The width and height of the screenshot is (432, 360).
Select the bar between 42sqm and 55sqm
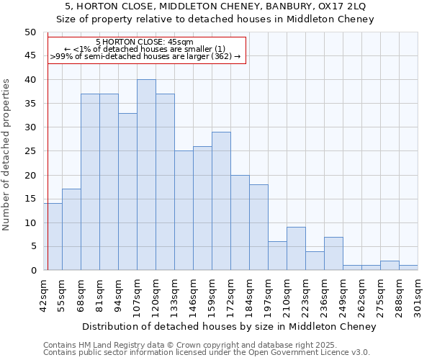click(53, 237)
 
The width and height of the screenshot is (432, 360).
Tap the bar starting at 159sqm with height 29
click(221, 201)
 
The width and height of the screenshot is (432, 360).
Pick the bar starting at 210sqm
click(296, 248)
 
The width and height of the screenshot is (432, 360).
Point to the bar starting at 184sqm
click(258, 228)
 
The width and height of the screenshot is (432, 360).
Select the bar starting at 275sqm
click(390, 266)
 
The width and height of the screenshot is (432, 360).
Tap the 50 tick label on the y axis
click(30, 32)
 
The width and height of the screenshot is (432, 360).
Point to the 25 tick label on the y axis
click(30, 151)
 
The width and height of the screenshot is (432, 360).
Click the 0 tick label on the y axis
click(33, 270)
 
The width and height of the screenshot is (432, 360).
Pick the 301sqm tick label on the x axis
click(418, 294)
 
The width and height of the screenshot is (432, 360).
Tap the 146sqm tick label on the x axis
click(193, 294)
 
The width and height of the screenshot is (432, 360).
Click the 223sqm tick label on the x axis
click(305, 294)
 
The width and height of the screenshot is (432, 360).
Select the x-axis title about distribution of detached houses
click(229, 327)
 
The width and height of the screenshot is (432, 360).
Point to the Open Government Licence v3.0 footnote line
click(207, 353)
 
